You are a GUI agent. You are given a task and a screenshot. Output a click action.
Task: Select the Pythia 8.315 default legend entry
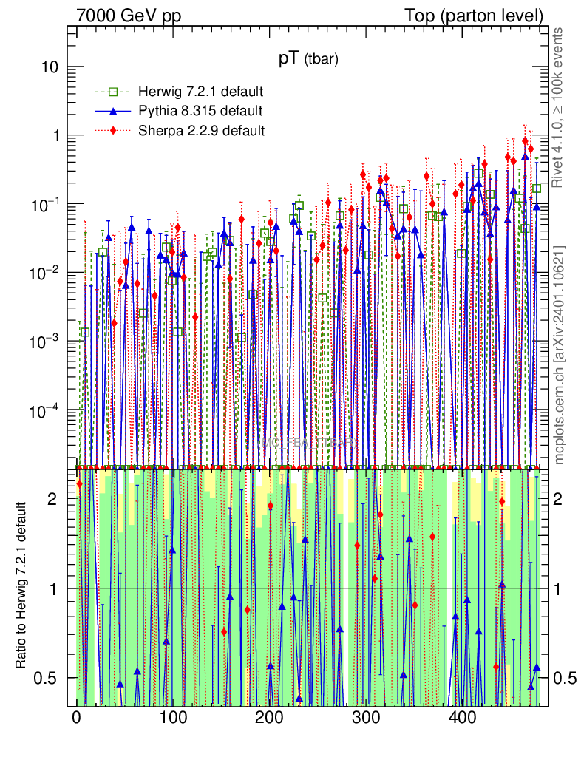(x=200, y=111)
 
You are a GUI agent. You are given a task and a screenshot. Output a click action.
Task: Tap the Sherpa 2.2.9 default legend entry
(x=202, y=131)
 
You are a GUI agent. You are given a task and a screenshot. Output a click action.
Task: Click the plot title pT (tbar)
(x=308, y=61)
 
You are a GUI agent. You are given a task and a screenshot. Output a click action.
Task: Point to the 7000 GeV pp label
(x=129, y=15)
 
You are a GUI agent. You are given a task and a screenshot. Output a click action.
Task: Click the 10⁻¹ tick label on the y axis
(x=46, y=204)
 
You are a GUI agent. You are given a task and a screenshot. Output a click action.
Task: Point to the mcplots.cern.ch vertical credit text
(x=560, y=355)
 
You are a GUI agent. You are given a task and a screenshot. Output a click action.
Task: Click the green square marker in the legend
(x=113, y=92)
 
